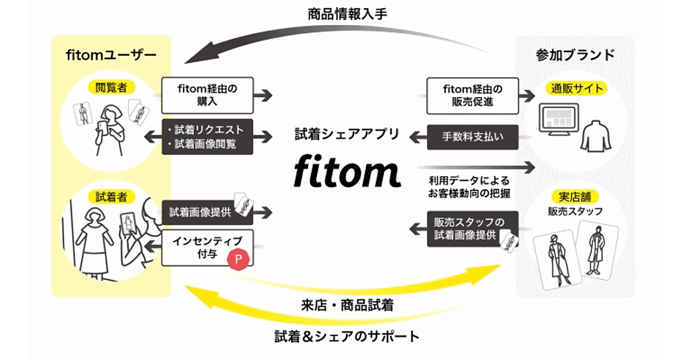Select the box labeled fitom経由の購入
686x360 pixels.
[207, 94]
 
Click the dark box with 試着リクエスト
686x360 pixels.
[207, 137]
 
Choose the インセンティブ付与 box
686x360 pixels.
[207, 247]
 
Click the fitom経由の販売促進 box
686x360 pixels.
[472, 94]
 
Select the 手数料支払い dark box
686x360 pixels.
[472, 137]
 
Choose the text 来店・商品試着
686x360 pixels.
[346, 305]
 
